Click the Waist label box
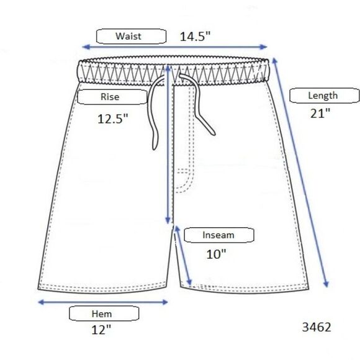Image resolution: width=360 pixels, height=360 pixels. [131, 36]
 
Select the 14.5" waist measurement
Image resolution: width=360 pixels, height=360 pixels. [195, 36]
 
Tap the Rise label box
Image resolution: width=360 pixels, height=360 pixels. [112, 97]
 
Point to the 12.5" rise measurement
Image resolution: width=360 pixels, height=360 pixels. [112, 119]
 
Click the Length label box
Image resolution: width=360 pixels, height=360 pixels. [324, 96]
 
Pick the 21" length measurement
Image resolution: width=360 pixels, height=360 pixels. [320, 113]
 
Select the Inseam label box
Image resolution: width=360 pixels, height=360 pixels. [219, 235]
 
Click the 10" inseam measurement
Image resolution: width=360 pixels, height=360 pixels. [216, 254]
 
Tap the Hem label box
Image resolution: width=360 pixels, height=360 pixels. [104, 313]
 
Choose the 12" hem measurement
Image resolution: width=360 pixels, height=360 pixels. [101, 330]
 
